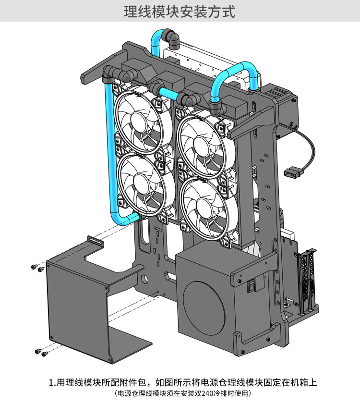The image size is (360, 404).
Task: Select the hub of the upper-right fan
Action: pos(202,145)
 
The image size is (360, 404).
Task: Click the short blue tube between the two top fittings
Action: pos(168,93)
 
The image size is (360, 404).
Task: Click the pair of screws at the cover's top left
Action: pos(37,268)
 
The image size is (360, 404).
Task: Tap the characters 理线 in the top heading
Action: pos(138,12)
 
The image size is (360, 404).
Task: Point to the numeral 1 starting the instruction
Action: pos(51,382)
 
